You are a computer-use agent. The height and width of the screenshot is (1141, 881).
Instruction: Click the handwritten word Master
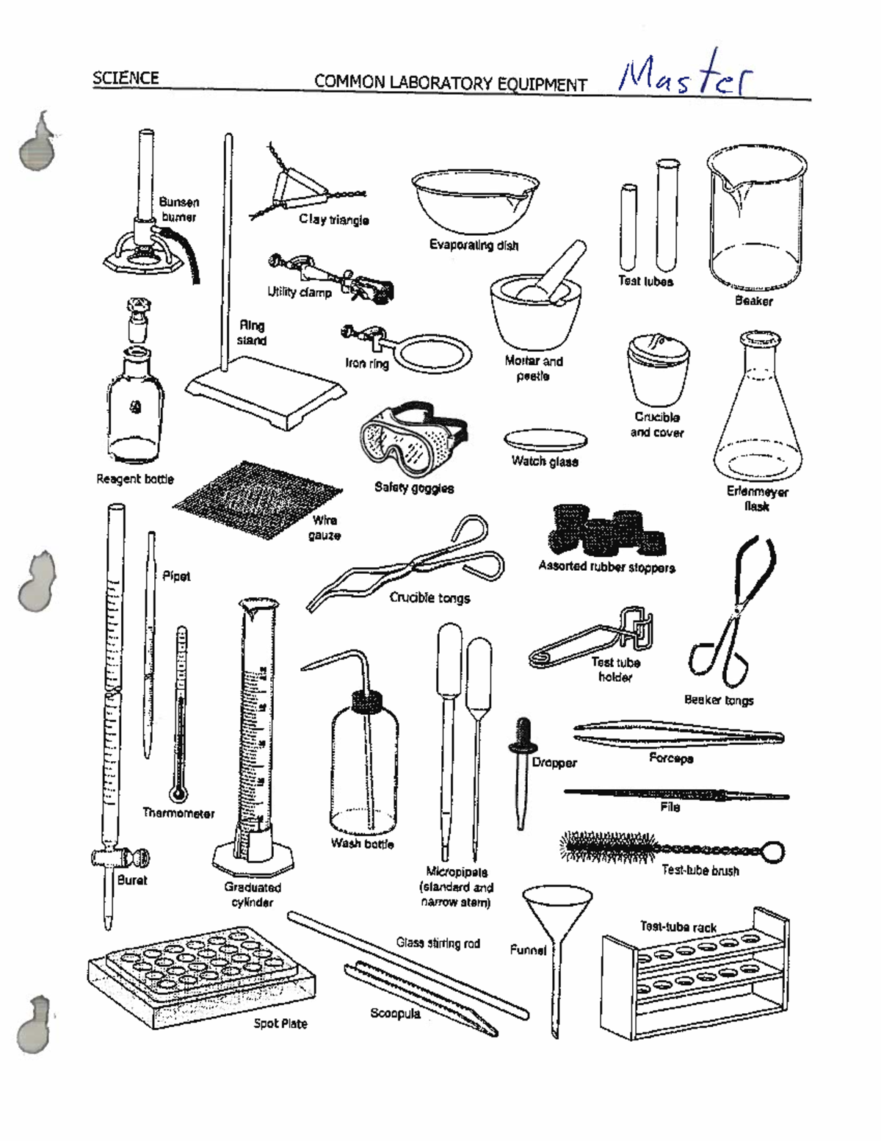pos(685,75)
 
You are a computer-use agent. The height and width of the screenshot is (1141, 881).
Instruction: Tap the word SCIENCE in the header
pos(126,78)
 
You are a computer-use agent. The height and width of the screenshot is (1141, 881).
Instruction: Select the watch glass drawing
pos(545,439)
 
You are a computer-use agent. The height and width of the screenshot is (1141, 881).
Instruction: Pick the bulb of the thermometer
pos(178,793)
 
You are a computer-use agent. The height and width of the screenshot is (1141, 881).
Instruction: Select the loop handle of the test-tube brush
pos(772,852)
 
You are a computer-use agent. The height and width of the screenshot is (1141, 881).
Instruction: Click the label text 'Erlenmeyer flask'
pos(757,499)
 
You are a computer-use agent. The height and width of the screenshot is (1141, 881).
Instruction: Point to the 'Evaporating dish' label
pos(474,245)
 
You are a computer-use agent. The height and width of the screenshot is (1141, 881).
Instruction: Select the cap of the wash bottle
pos(366,701)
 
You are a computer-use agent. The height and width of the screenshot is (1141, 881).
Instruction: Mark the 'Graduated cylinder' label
pos(253,895)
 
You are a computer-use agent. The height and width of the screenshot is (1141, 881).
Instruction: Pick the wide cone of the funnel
pos(556,907)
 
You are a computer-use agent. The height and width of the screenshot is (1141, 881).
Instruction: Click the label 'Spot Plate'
pos(280,1023)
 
